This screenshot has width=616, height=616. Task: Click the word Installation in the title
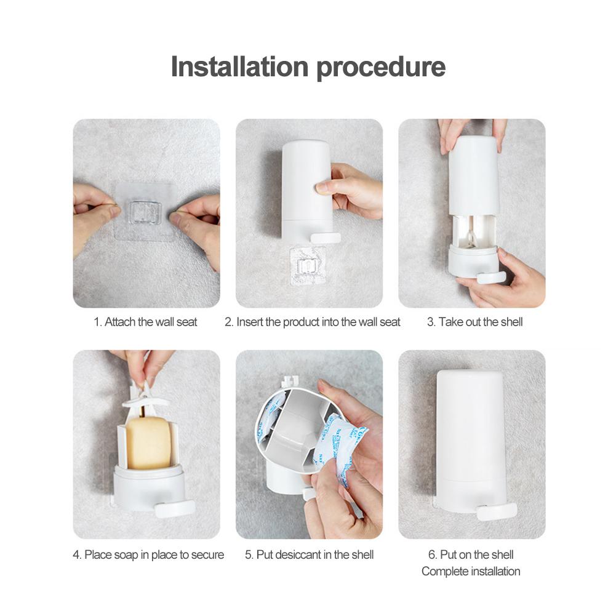click(x=239, y=66)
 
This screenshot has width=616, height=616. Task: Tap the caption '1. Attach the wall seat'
click(x=145, y=322)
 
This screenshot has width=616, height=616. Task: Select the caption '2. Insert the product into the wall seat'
click(x=313, y=322)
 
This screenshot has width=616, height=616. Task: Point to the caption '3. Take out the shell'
click(x=474, y=322)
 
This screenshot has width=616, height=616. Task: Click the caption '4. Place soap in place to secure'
click(x=148, y=554)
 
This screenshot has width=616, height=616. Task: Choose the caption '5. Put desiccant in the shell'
click(x=309, y=554)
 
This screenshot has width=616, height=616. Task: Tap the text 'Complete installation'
click(x=471, y=571)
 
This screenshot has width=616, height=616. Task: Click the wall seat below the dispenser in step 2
click(x=308, y=265)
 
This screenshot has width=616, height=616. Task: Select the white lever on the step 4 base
click(x=174, y=509)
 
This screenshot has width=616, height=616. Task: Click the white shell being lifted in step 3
click(x=474, y=175)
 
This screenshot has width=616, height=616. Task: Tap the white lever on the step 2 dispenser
click(x=326, y=238)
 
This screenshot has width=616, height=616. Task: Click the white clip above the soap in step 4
click(x=145, y=397)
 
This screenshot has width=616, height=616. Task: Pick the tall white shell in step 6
click(x=470, y=440)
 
